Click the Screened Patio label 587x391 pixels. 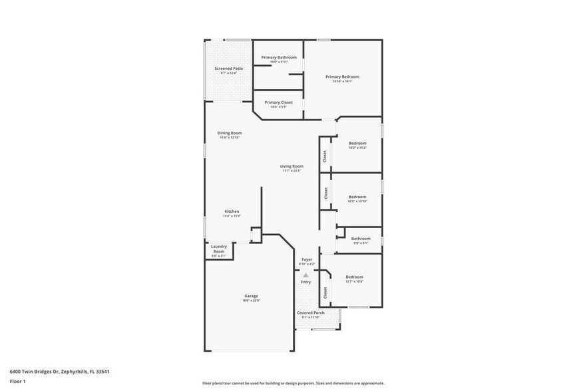pyautogui.click(x=228, y=68)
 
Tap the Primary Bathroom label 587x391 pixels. pyautogui.click(x=279, y=58)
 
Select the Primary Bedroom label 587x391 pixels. pyautogui.click(x=342, y=77)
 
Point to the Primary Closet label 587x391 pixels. pyautogui.click(x=278, y=102)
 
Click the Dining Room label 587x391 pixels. pyautogui.click(x=230, y=133)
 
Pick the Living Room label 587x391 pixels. pyautogui.click(x=292, y=166)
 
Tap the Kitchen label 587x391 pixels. pyautogui.click(x=232, y=211)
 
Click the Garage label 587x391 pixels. pyautogui.click(x=251, y=296)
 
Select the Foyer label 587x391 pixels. pyautogui.click(x=307, y=259)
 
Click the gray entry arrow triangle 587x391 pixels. pyautogui.click(x=305, y=275)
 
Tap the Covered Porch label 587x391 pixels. pyautogui.click(x=311, y=313)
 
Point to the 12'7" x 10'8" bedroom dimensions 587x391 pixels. pyautogui.click(x=354, y=281)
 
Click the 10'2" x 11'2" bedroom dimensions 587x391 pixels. pyautogui.click(x=357, y=148)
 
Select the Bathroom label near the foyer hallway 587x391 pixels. pyautogui.click(x=361, y=238)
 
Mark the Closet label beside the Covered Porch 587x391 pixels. pyautogui.click(x=325, y=292)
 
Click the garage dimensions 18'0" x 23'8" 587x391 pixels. pyautogui.click(x=251, y=301)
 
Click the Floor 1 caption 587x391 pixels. pyautogui.click(x=17, y=381)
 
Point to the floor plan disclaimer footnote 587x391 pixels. pyautogui.click(x=293, y=384)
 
